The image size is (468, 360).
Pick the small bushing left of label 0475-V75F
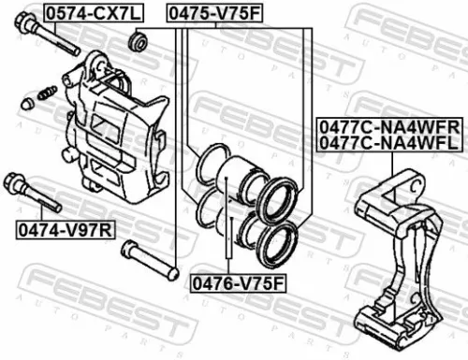[x=140, y=41]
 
